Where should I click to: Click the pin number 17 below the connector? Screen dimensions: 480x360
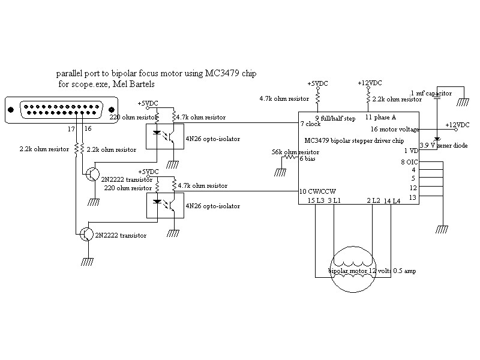click(x=71, y=129)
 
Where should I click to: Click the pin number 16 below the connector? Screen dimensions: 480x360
click(x=88, y=128)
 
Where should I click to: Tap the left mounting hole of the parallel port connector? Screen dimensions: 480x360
click(x=11, y=110)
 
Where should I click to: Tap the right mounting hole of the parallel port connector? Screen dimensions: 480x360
click(x=112, y=110)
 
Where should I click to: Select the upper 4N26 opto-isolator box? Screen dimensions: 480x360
click(x=165, y=136)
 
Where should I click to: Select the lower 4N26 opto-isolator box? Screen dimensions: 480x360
click(x=166, y=205)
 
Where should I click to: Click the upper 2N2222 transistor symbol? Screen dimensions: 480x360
click(x=93, y=174)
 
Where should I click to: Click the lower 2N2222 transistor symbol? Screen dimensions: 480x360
click(x=86, y=234)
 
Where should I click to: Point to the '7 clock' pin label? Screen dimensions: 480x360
click(x=310, y=124)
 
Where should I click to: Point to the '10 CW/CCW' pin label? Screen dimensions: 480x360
click(x=317, y=191)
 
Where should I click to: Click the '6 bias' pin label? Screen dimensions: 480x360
click(x=307, y=158)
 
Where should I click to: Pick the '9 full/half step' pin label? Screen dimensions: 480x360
click(x=335, y=118)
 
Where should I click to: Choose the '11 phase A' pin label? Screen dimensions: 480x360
click(x=380, y=117)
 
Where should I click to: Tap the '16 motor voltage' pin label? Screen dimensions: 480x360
click(x=395, y=129)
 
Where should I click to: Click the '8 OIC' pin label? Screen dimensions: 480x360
click(x=409, y=161)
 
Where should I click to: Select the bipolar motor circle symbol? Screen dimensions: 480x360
click(x=353, y=269)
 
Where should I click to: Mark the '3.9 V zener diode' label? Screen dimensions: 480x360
click(x=443, y=145)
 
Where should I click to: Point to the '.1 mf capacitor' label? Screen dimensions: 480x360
click(x=431, y=94)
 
